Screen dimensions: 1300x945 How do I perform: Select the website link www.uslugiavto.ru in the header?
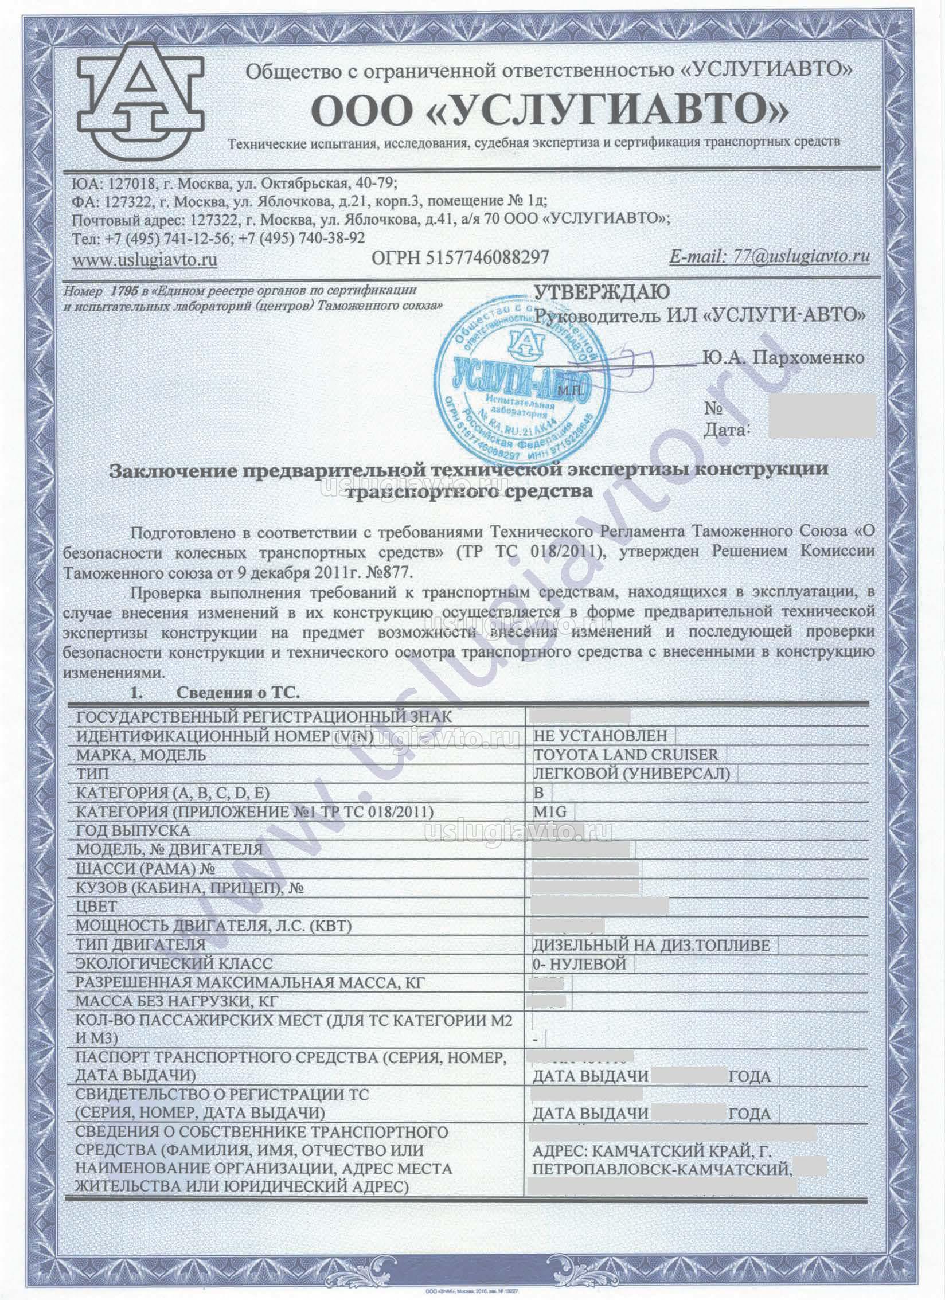(x=145, y=259)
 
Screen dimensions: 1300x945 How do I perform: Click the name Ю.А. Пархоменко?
(x=782, y=359)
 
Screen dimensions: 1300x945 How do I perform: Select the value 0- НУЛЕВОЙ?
(x=579, y=963)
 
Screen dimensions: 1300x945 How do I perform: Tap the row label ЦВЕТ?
(x=96, y=907)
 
